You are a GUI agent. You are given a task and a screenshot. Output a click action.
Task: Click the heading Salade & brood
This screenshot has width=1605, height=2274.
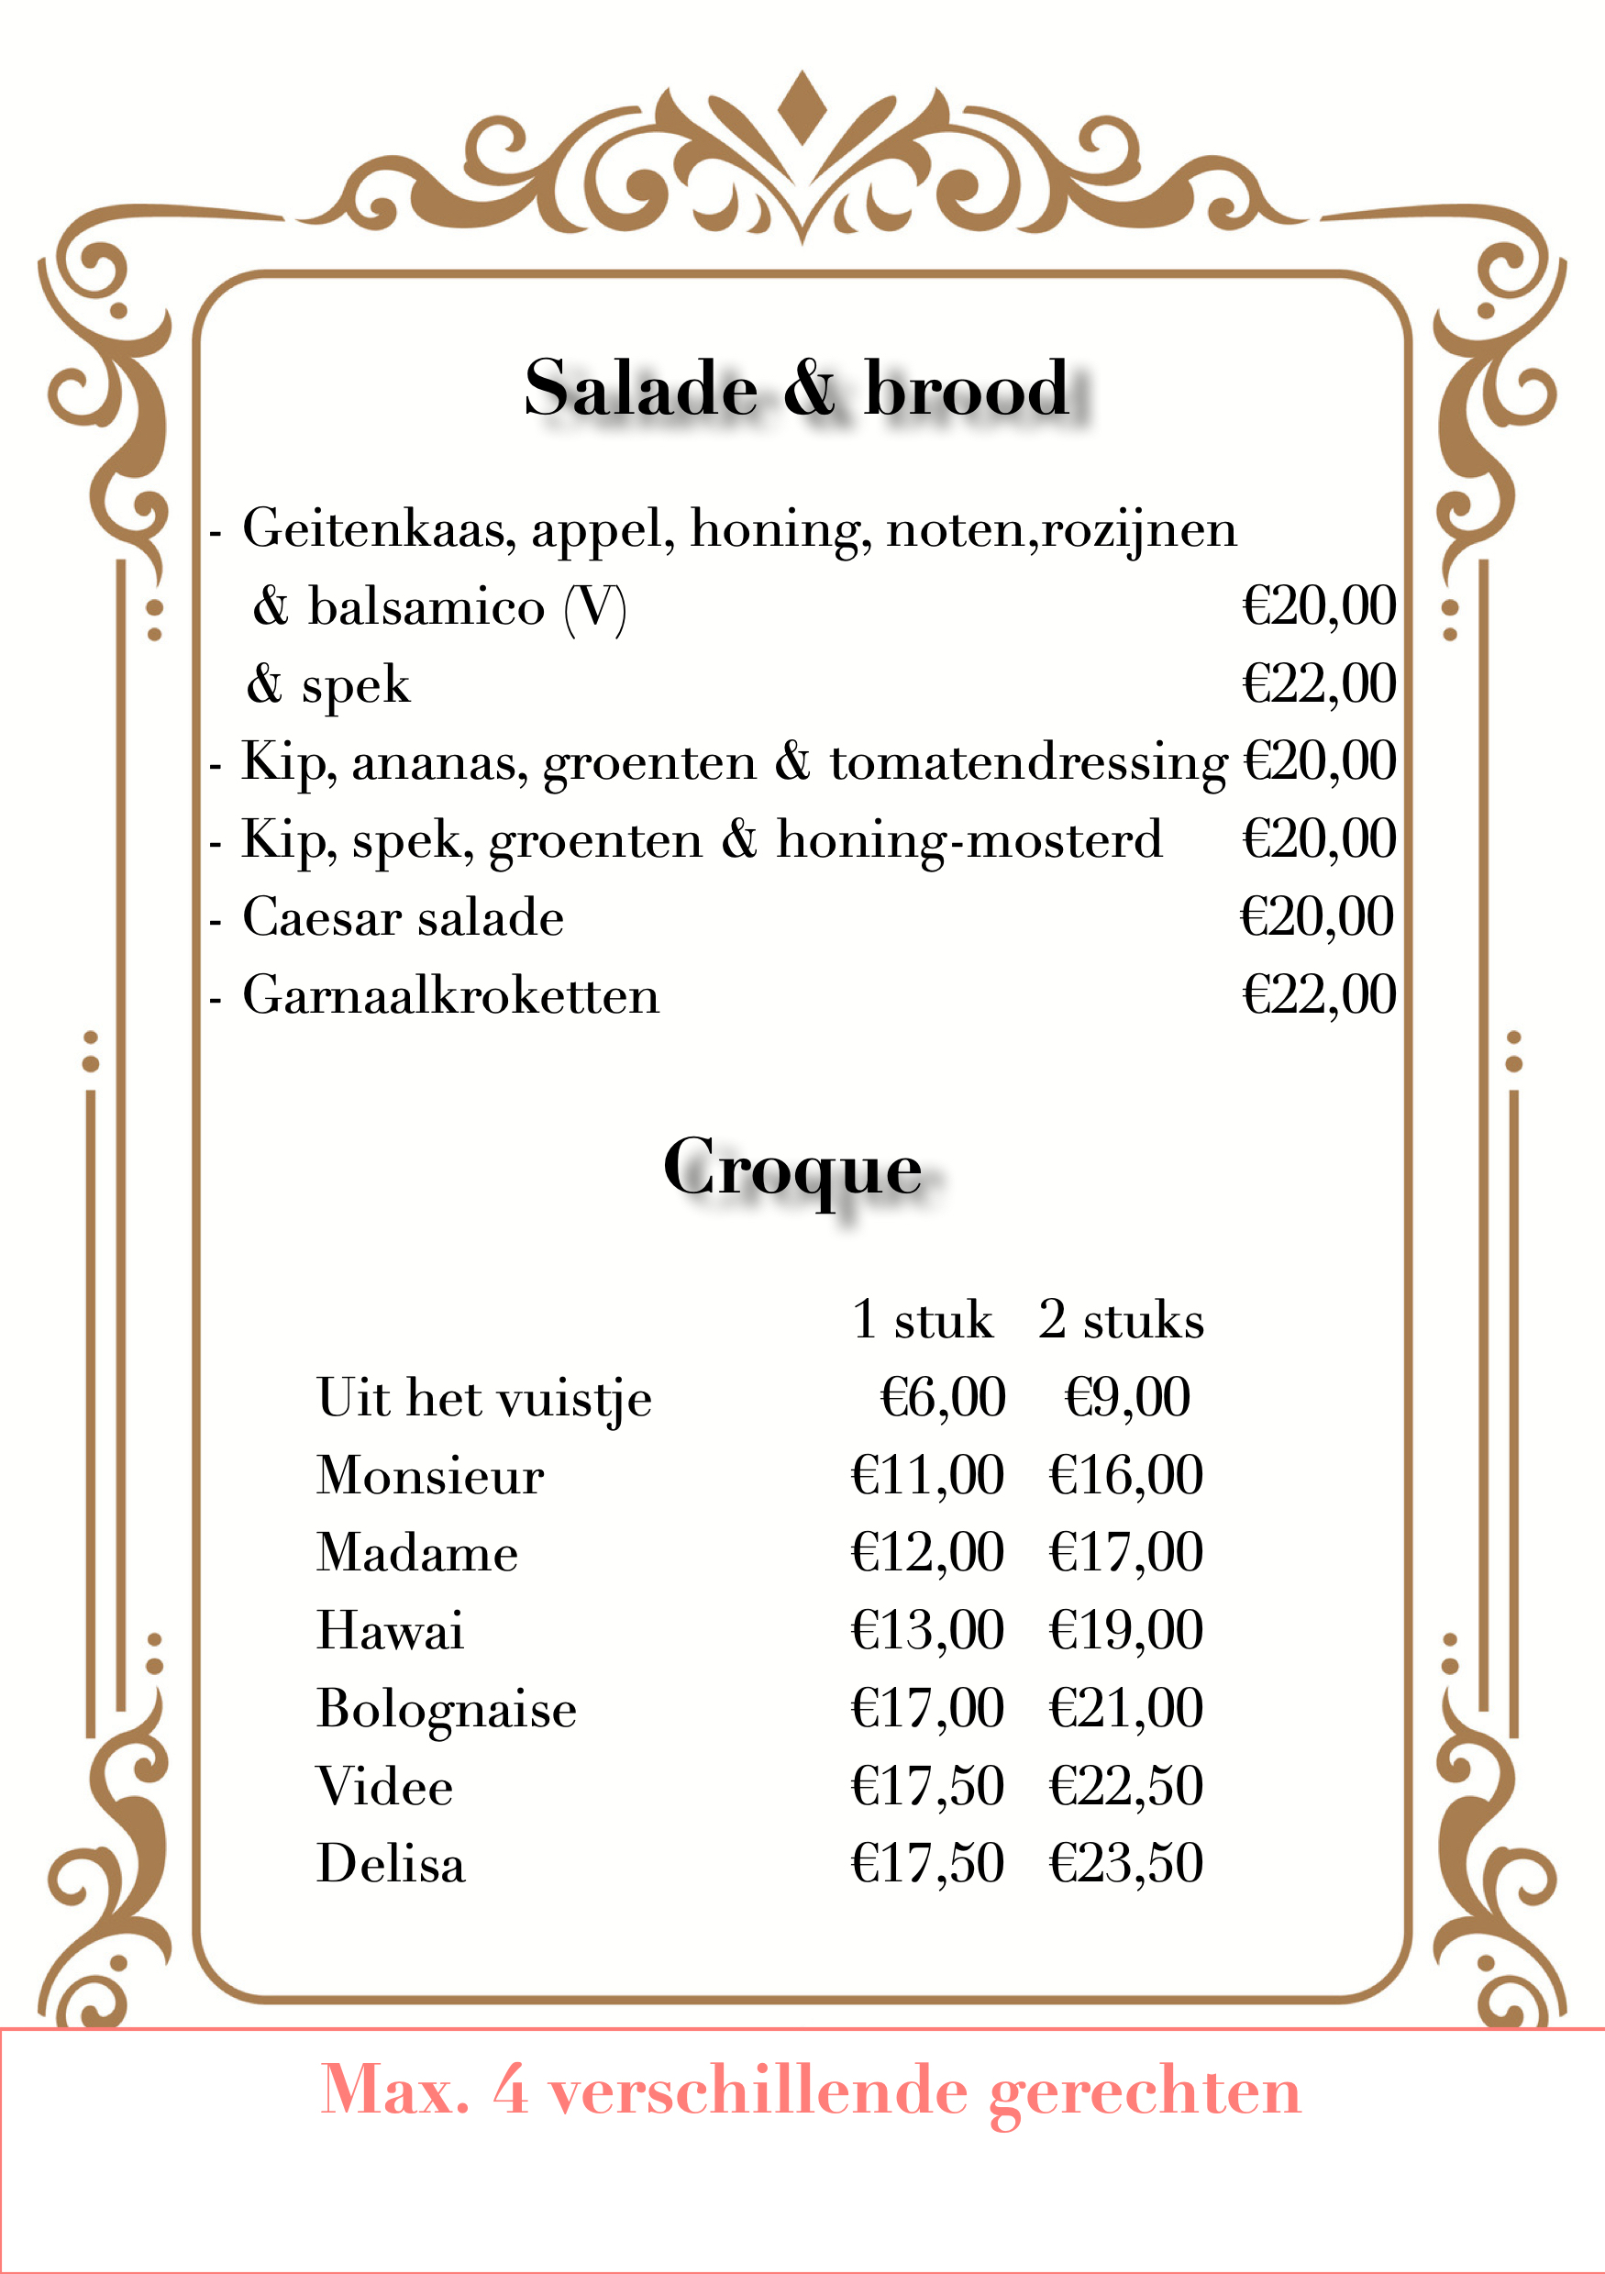click(796, 389)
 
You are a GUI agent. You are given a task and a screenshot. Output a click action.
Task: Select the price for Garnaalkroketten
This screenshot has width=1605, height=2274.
click(1318, 994)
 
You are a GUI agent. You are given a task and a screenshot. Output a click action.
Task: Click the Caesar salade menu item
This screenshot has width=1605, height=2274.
click(403, 917)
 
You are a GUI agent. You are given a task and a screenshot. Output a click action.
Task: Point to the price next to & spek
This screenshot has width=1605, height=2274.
click(1318, 684)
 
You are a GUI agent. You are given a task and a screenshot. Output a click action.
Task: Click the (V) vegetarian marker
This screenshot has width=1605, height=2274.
click(594, 607)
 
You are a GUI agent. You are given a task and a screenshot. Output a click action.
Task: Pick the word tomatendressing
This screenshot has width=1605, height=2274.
click(1028, 762)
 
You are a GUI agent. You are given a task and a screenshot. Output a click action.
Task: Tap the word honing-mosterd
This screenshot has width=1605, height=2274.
click(969, 840)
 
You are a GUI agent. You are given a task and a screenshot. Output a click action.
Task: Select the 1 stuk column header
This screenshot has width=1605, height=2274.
click(922, 1320)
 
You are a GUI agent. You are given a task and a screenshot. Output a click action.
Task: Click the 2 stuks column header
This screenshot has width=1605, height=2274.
click(1121, 1320)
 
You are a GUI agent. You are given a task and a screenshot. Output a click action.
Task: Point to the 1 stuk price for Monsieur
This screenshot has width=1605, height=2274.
click(926, 1475)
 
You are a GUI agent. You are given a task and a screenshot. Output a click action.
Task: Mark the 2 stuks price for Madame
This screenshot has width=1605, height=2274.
click(1125, 1552)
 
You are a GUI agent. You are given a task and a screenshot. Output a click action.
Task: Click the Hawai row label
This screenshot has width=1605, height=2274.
click(390, 1630)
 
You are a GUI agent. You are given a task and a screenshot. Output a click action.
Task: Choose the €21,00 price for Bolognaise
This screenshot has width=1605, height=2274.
click(1125, 1707)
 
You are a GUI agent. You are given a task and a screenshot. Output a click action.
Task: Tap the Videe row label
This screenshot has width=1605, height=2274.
click(384, 1786)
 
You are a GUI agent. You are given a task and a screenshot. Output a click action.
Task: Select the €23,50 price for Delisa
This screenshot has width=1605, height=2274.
click(1125, 1863)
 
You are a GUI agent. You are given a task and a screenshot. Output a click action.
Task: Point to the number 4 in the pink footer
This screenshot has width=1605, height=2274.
click(510, 2091)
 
